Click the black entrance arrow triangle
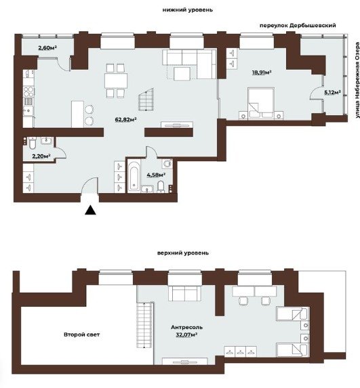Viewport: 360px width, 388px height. point(90,210)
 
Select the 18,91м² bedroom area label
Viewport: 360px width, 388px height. point(262,72)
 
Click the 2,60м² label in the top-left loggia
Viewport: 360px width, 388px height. point(47,48)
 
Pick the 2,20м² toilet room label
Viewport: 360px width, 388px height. point(41,156)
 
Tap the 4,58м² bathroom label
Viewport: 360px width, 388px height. point(156,175)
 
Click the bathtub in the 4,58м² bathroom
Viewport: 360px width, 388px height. point(134,176)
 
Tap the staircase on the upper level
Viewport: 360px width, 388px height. point(144,325)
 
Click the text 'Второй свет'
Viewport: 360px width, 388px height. point(82,335)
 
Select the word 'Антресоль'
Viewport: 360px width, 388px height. point(186,327)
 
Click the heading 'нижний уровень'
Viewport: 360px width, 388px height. point(188,10)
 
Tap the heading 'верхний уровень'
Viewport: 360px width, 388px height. point(183,253)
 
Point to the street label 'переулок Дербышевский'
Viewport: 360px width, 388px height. point(298,26)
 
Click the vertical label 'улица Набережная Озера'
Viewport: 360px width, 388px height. point(357,83)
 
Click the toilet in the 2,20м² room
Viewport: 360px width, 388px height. point(33,144)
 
